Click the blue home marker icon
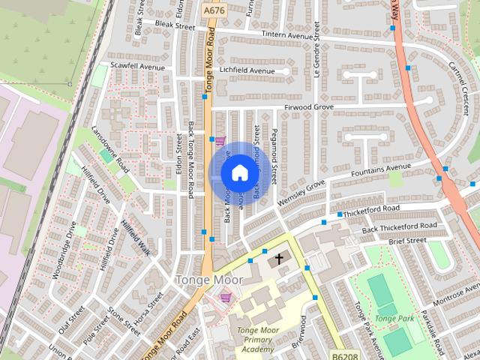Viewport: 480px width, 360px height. click(x=239, y=172)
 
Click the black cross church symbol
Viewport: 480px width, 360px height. click(x=279, y=259)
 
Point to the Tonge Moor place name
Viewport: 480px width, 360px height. click(x=209, y=280)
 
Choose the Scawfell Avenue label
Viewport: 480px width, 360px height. click(x=137, y=67)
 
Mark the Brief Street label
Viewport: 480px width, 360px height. click(x=407, y=241)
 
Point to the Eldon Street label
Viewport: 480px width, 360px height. click(x=179, y=154)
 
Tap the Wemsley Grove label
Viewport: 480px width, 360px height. click(x=301, y=193)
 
